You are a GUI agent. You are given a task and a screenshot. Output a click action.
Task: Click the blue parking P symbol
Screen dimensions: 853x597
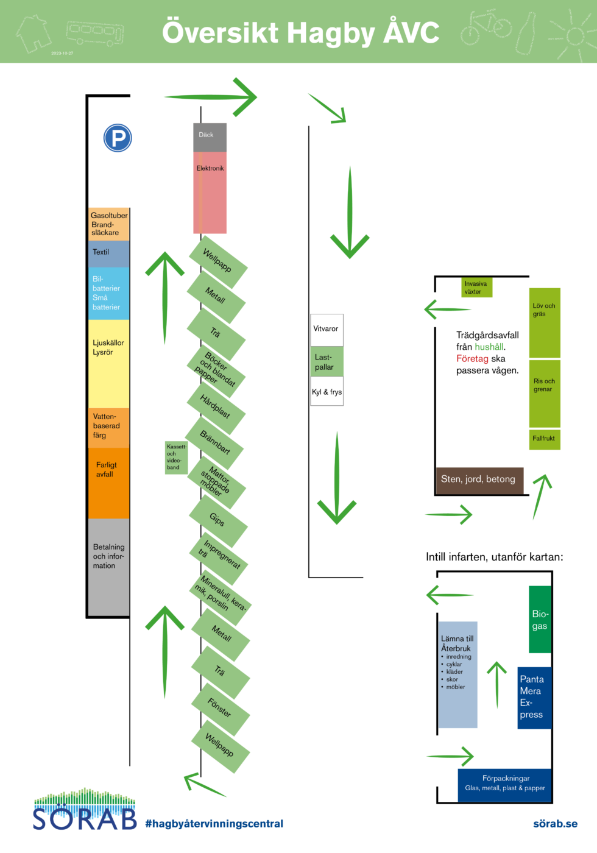tap(118, 138)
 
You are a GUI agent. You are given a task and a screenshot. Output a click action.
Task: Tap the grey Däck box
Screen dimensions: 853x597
tap(210, 137)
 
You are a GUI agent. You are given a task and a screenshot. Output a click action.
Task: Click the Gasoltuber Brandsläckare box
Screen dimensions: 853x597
tap(109, 224)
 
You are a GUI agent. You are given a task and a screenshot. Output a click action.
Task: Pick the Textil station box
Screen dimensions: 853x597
tap(109, 253)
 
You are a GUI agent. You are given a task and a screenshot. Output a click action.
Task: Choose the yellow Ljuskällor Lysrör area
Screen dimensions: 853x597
tap(109, 363)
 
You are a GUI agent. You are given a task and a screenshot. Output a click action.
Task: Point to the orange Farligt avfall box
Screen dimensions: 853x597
tap(109, 483)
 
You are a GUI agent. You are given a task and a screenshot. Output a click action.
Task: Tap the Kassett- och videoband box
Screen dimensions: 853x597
tap(176, 458)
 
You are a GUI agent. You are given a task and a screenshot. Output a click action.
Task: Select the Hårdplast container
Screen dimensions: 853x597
tap(216, 407)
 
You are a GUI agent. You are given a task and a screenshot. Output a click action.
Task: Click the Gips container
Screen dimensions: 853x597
tap(217, 520)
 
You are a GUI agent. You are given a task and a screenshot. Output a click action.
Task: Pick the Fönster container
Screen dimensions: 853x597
tap(220, 709)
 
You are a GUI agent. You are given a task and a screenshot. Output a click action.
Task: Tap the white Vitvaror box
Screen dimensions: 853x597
tap(327, 330)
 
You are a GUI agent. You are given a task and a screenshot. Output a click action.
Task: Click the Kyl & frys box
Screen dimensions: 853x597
tap(327, 392)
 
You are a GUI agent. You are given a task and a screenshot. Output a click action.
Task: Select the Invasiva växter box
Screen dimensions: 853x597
tap(476, 288)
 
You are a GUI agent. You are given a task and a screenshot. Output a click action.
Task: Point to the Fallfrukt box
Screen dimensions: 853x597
tap(544, 439)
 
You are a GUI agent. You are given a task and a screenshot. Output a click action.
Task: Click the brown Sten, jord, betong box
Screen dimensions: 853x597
tap(479, 480)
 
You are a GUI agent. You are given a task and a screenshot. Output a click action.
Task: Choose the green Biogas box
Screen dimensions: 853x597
tap(540, 620)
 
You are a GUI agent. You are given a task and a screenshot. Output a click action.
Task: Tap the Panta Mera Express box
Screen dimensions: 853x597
tap(534, 698)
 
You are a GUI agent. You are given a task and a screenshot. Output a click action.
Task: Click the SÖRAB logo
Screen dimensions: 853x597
tap(85, 810)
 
